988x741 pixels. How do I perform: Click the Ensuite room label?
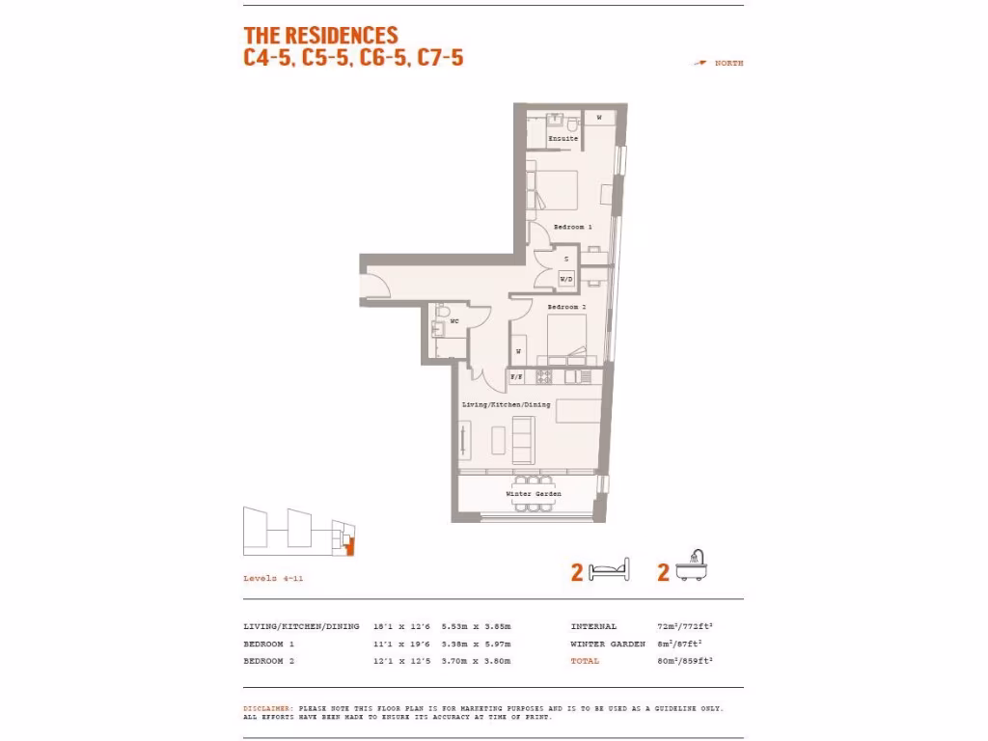[x=563, y=139]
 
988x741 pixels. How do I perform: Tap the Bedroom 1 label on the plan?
[x=572, y=227]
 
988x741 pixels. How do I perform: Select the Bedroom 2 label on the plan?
[x=566, y=307]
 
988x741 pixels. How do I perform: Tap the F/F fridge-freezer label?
[x=516, y=376]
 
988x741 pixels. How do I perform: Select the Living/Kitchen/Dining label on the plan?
[x=507, y=404]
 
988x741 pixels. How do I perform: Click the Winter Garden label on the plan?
[x=534, y=493]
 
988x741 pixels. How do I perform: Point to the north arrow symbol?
[x=700, y=63]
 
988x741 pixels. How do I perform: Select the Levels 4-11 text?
[x=273, y=578]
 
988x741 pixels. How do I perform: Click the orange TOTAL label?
[x=585, y=661]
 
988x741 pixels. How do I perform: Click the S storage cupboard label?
[x=566, y=260]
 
